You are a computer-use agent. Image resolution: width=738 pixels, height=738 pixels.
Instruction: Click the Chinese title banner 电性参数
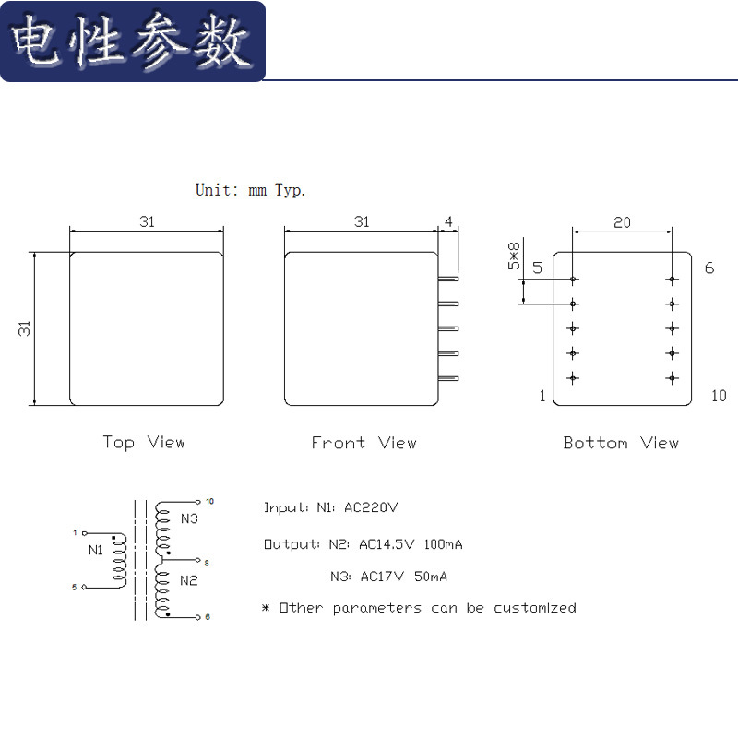[132, 42]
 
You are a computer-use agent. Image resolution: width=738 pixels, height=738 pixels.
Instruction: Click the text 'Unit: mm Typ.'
[250, 190]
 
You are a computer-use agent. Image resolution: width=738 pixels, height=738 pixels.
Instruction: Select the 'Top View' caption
[144, 443]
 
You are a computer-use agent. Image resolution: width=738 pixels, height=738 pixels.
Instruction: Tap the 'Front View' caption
[363, 443]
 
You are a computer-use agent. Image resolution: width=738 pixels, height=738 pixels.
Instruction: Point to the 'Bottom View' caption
[621, 443]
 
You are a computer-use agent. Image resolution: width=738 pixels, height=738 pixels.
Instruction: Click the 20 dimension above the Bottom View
[623, 222]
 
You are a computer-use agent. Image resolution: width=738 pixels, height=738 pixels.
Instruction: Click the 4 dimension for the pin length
[448, 222]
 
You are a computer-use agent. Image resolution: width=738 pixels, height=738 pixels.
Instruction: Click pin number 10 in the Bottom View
[719, 396]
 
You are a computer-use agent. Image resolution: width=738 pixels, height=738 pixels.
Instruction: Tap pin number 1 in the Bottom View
[542, 396]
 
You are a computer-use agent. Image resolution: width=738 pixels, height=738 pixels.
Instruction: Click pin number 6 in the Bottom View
[708, 268]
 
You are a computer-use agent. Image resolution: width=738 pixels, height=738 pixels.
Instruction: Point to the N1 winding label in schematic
[96, 550]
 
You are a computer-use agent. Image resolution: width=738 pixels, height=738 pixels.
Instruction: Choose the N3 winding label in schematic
[189, 518]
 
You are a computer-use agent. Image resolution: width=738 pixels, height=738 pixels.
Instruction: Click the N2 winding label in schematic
[189, 580]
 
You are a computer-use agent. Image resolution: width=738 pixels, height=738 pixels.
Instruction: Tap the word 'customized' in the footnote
[535, 608]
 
